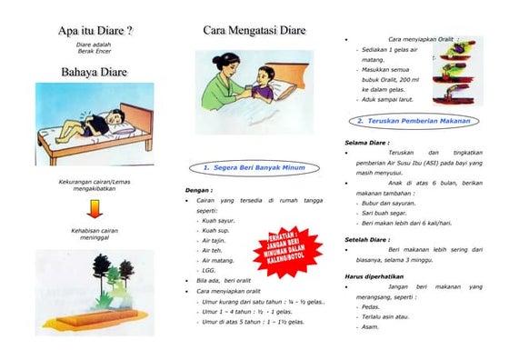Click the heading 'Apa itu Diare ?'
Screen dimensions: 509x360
pos(95,30)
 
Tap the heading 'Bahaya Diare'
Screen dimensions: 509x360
pos(95,71)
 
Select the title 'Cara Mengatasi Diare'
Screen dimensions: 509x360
pos(254,30)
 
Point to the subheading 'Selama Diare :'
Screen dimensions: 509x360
pos(367,143)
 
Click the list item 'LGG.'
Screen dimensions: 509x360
pos(210,270)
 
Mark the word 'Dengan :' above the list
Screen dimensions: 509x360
pos(198,190)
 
